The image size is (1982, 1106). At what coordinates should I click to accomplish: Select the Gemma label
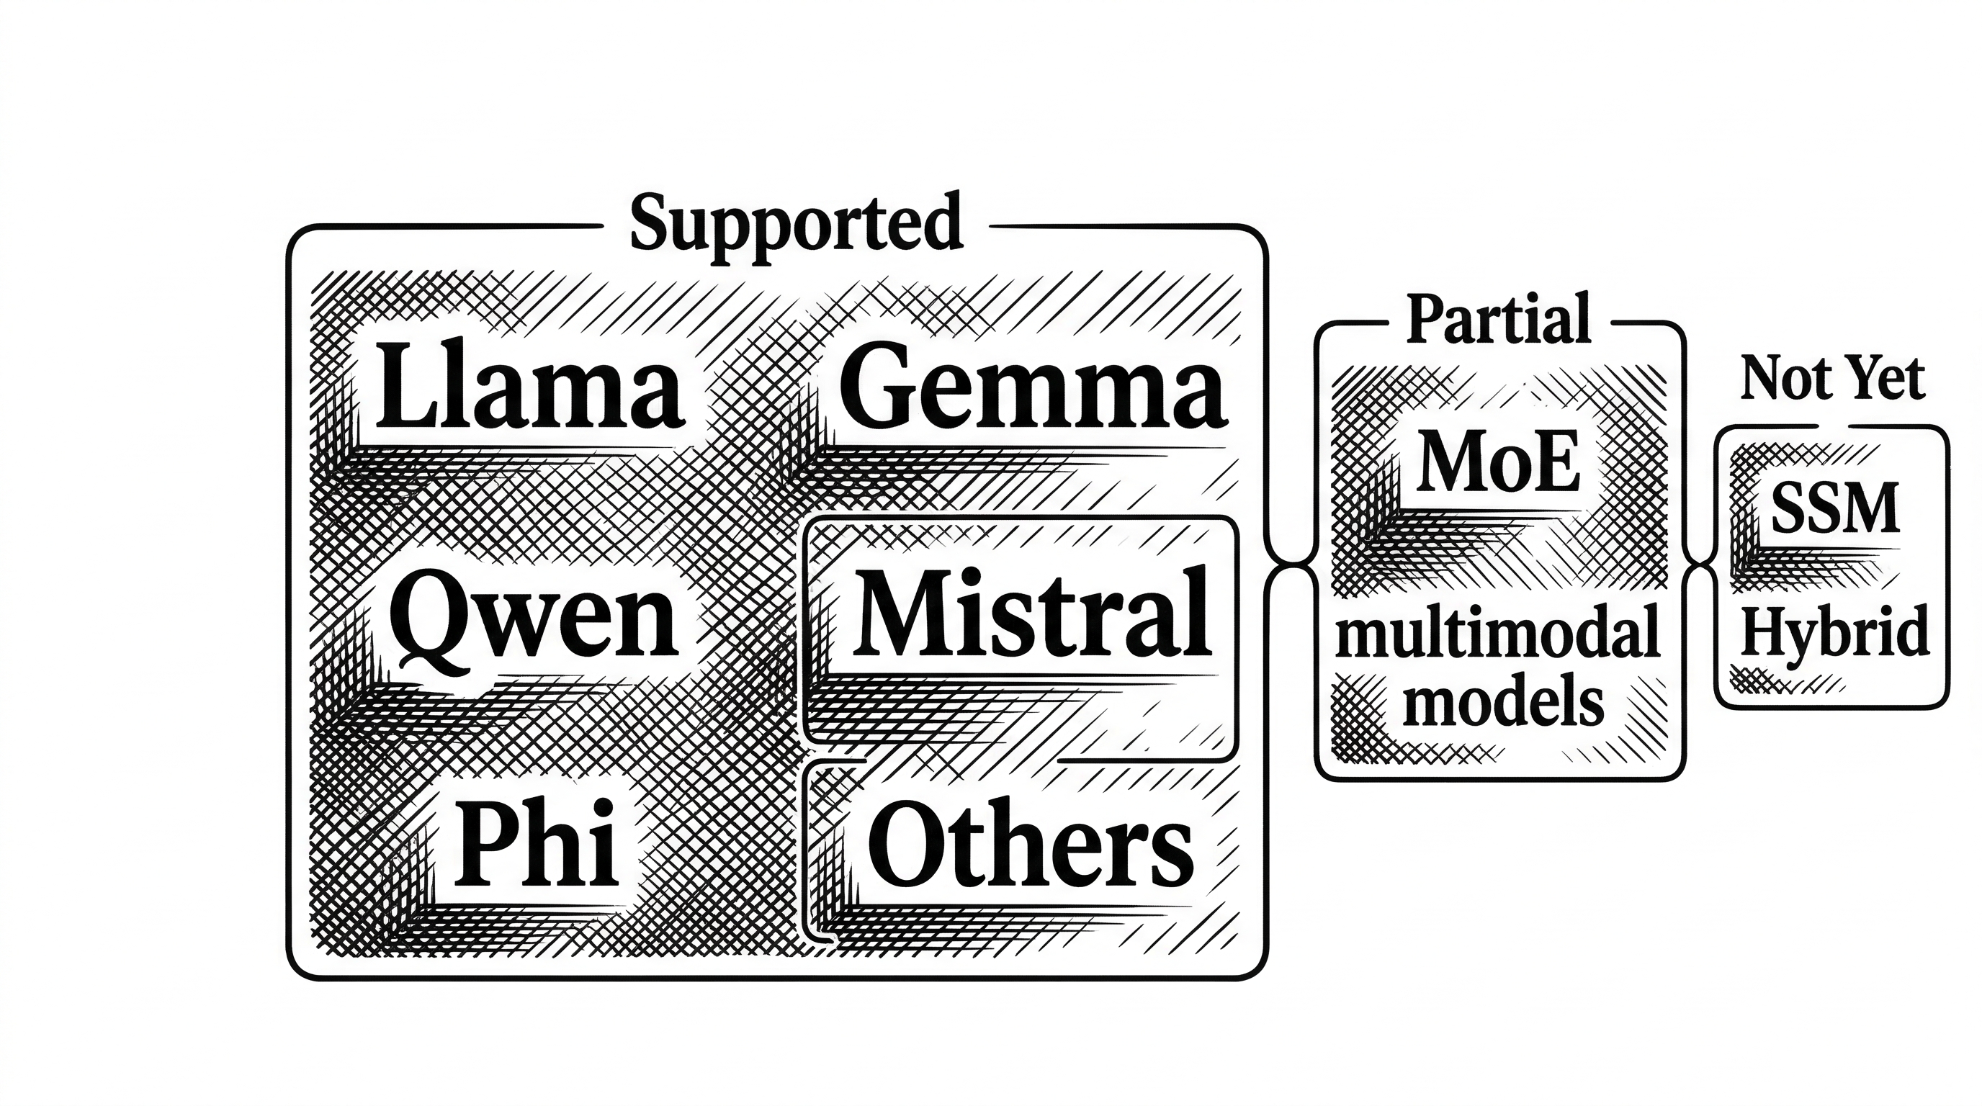(1032, 388)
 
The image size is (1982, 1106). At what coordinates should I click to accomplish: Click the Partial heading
(1497, 319)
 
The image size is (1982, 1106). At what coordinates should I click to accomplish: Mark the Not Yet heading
(1832, 379)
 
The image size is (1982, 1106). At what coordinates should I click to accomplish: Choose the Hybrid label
(1834, 631)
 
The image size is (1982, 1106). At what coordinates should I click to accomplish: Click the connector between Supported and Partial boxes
(1291, 566)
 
